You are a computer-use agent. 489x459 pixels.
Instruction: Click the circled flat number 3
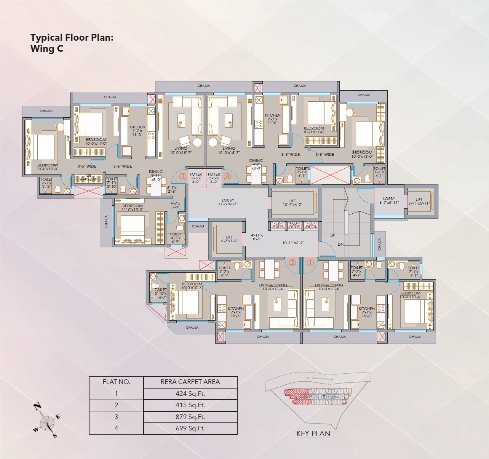click(x=182, y=176)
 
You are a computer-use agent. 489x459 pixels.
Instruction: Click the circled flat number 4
click(x=227, y=176)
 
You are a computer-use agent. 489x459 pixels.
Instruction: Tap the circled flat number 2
click(x=292, y=262)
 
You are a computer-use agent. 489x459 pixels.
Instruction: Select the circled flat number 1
click(x=310, y=262)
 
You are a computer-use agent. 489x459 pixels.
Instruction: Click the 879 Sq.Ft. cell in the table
click(x=190, y=417)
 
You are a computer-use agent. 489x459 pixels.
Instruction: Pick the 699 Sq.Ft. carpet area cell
click(x=190, y=428)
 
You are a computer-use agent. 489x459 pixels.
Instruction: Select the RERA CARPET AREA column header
click(x=190, y=382)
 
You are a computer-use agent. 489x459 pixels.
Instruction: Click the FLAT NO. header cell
click(x=116, y=382)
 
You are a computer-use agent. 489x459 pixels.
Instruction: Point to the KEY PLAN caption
click(x=313, y=433)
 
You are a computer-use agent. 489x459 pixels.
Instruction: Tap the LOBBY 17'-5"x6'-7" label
click(x=228, y=202)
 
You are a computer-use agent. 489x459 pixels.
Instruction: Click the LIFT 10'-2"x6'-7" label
click(x=292, y=203)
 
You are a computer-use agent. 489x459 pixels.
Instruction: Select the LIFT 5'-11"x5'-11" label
click(x=419, y=201)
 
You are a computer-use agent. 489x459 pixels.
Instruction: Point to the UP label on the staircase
click(x=333, y=235)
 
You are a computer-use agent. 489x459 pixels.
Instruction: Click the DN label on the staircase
click(x=340, y=245)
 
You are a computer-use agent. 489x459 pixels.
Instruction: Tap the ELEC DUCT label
click(x=294, y=225)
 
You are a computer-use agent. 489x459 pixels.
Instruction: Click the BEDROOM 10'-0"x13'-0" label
click(x=362, y=154)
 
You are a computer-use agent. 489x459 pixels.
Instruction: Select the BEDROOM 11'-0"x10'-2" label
click(x=133, y=208)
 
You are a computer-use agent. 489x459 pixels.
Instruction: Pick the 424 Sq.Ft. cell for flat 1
click(x=190, y=393)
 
